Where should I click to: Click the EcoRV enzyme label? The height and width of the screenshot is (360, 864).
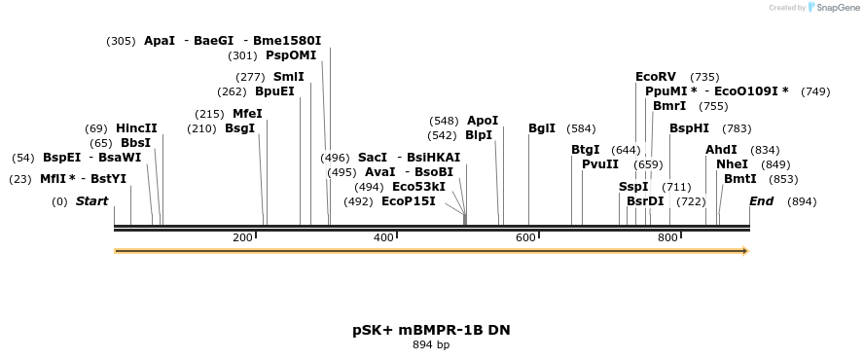click(655, 77)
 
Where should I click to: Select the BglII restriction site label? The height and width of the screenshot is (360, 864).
click(542, 128)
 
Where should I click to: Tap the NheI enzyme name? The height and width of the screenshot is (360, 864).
click(732, 164)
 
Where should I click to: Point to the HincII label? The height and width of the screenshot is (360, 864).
click(136, 128)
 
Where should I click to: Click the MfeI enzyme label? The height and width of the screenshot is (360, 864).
click(247, 114)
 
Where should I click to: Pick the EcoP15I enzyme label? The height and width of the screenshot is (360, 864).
click(408, 201)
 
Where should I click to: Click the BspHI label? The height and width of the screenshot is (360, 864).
click(689, 128)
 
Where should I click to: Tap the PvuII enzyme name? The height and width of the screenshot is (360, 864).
click(599, 164)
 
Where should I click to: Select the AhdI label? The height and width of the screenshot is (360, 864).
click(722, 150)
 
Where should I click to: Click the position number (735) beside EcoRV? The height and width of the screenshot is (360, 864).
click(704, 77)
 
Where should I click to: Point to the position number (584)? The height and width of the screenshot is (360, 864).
click(581, 128)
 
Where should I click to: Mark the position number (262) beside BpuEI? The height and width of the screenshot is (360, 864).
click(232, 91)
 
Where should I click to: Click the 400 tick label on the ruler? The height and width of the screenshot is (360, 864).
click(383, 238)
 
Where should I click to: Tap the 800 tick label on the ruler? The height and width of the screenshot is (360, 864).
click(667, 238)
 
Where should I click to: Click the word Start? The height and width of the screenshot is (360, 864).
click(91, 201)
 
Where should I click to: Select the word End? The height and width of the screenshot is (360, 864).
click(761, 201)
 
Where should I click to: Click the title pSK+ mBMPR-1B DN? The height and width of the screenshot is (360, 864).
click(431, 330)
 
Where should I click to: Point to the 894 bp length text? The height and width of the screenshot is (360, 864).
click(431, 344)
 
